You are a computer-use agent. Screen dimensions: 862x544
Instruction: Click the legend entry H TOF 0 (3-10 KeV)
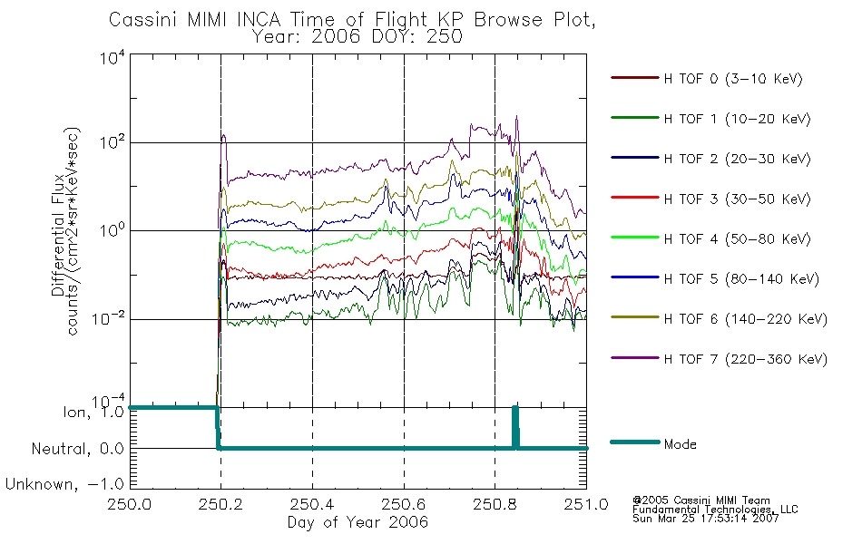[x=733, y=79]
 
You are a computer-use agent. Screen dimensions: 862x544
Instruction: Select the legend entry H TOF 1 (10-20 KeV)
[x=737, y=119]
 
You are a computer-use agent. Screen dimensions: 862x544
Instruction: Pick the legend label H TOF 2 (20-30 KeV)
[x=737, y=159]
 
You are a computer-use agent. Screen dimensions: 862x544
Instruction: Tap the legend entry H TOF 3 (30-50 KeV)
[x=737, y=199]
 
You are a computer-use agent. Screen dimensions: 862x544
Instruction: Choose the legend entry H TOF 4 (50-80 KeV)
[x=737, y=239]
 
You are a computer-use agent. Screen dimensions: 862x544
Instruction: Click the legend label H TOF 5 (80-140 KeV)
[x=741, y=279]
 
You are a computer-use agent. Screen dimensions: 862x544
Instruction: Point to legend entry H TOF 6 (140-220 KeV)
[x=746, y=319]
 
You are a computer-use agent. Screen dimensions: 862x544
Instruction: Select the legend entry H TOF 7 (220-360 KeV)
[x=746, y=359]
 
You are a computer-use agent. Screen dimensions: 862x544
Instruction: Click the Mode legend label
[x=680, y=444]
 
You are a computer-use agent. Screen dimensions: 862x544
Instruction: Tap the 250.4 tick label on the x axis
[x=313, y=504]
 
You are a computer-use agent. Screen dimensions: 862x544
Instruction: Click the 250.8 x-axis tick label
[x=495, y=504]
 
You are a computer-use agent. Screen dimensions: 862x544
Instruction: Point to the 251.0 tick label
[x=586, y=504]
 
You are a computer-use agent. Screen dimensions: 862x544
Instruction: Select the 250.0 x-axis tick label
[x=130, y=504]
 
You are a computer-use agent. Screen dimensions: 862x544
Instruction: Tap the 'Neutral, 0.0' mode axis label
[x=77, y=449]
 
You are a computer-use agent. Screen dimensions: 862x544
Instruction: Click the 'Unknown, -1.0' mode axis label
[x=64, y=484]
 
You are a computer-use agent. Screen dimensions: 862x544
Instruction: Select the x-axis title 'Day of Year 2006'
[x=358, y=522]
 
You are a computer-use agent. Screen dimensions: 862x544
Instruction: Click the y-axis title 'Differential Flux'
[x=58, y=235]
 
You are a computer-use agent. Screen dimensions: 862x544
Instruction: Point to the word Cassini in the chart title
[x=144, y=20]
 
